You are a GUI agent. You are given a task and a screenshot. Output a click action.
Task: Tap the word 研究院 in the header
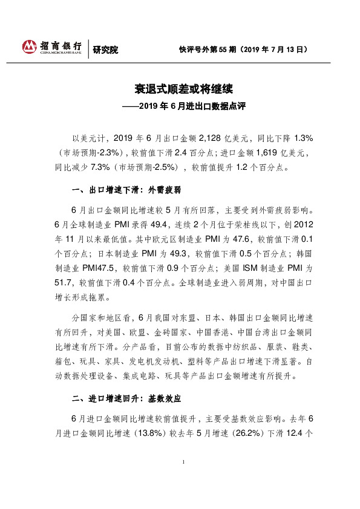pos(106,50)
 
